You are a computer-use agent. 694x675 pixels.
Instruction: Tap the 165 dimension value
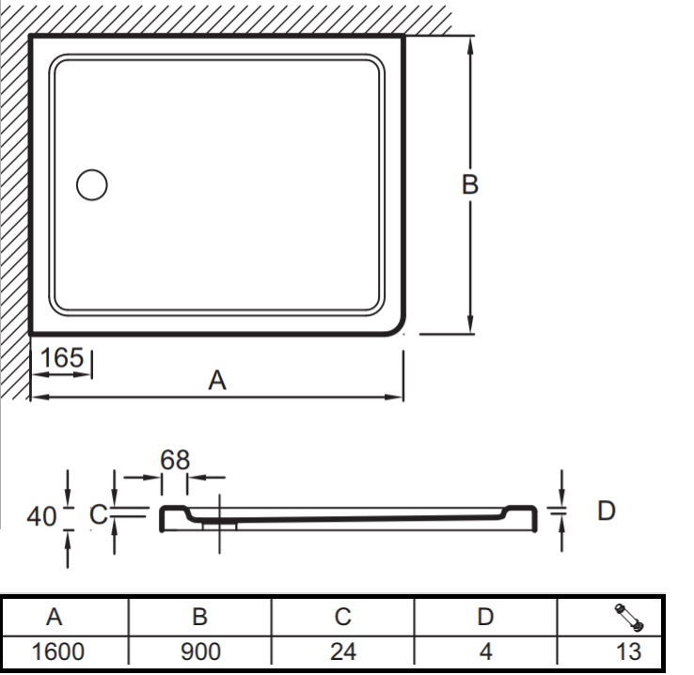62,357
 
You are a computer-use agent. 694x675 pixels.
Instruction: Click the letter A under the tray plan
217,381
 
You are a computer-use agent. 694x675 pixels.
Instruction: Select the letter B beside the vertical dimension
469,184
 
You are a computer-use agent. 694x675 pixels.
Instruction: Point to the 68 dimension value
175,460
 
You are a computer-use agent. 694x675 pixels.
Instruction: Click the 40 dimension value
41,517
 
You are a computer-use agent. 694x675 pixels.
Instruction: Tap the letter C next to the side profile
98,514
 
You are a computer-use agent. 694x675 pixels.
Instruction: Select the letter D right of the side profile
606,510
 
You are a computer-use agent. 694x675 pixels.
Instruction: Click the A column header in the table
54,617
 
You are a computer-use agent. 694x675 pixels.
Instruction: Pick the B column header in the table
199,617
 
